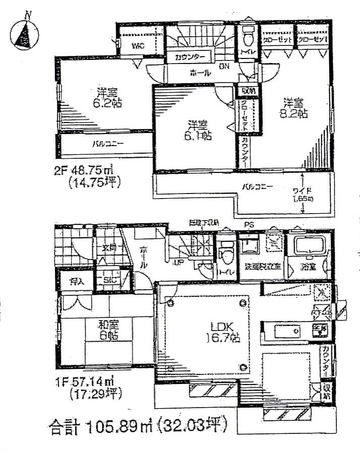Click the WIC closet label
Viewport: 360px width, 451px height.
138,47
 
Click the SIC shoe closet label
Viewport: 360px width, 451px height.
110,280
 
